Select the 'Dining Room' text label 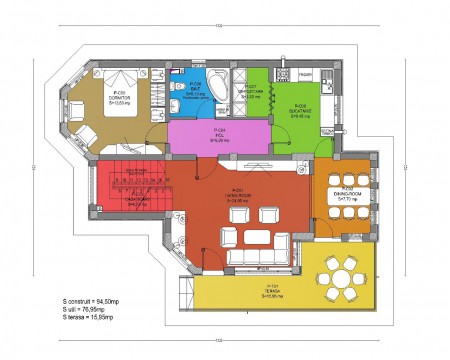[x=347, y=196]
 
